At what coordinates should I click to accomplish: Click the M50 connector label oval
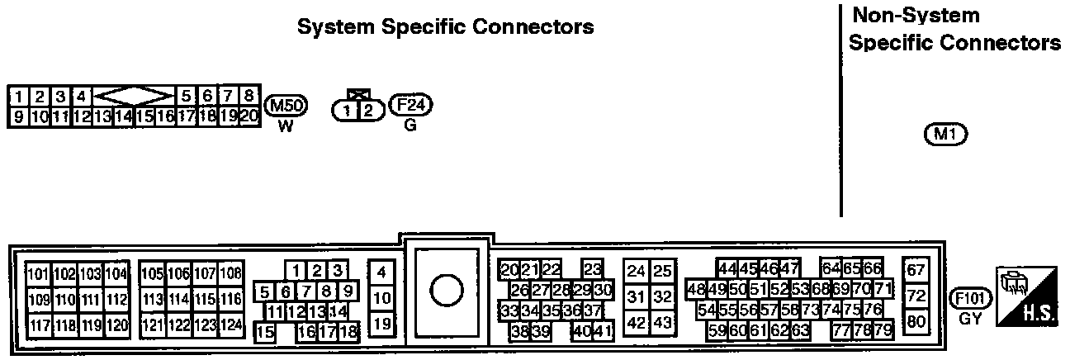286,106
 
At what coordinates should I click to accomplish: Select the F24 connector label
410,106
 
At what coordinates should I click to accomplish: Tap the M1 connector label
945,133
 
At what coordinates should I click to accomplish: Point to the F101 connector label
971,298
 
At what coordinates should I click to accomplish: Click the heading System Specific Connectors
445,27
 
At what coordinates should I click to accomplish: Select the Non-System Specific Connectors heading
954,29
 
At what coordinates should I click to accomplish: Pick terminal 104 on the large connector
116,274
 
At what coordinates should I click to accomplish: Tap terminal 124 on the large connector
231,324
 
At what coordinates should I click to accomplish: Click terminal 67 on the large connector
916,270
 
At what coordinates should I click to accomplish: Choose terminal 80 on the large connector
916,322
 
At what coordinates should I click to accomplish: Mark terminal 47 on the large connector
790,268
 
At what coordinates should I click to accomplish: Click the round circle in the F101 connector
447,291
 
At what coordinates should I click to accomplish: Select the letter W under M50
286,126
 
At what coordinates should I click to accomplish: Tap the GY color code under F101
971,318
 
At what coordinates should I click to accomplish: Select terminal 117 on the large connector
40,324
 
